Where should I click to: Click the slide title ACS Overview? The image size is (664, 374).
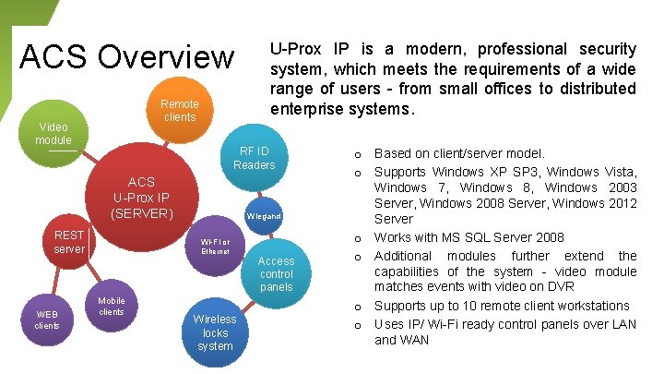pos(127,56)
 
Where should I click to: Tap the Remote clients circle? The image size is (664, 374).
pos(179,111)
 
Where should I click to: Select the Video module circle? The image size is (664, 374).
pos(53,133)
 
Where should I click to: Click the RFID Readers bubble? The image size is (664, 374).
pos(254,158)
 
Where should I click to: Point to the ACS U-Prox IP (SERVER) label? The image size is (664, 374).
pos(141,199)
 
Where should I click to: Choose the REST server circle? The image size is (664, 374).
pos(69,242)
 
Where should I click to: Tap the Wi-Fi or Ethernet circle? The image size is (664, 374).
pos(215,245)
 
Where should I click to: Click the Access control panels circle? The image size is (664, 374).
pos(276,273)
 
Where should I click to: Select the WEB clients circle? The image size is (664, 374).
pos(47,320)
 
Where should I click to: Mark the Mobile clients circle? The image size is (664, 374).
pos(111,306)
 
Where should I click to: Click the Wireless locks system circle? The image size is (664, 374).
pos(215,332)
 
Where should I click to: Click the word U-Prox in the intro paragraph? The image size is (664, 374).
pos(294,49)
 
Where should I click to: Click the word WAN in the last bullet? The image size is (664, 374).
pos(414,340)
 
